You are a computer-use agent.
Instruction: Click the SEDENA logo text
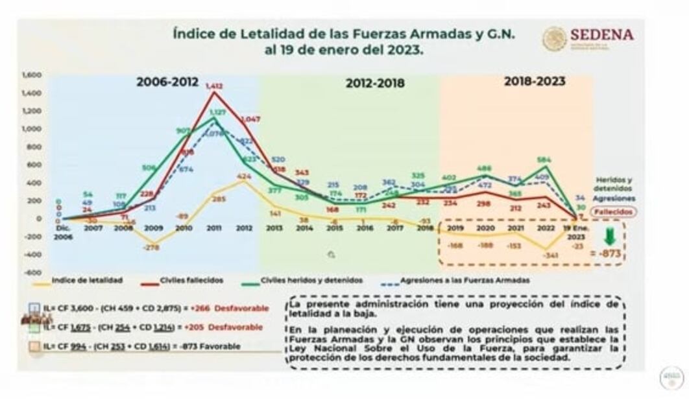tap(601, 35)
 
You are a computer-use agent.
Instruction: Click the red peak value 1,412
tap(214, 86)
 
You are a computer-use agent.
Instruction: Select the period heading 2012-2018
tap(374, 84)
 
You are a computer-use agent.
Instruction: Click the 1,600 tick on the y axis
tap(31, 75)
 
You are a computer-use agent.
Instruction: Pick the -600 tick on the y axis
tap(32, 272)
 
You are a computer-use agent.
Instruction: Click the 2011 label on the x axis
tap(214, 228)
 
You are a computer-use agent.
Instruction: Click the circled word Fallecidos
tap(616, 211)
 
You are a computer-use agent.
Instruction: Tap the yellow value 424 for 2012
tap(244, 176)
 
